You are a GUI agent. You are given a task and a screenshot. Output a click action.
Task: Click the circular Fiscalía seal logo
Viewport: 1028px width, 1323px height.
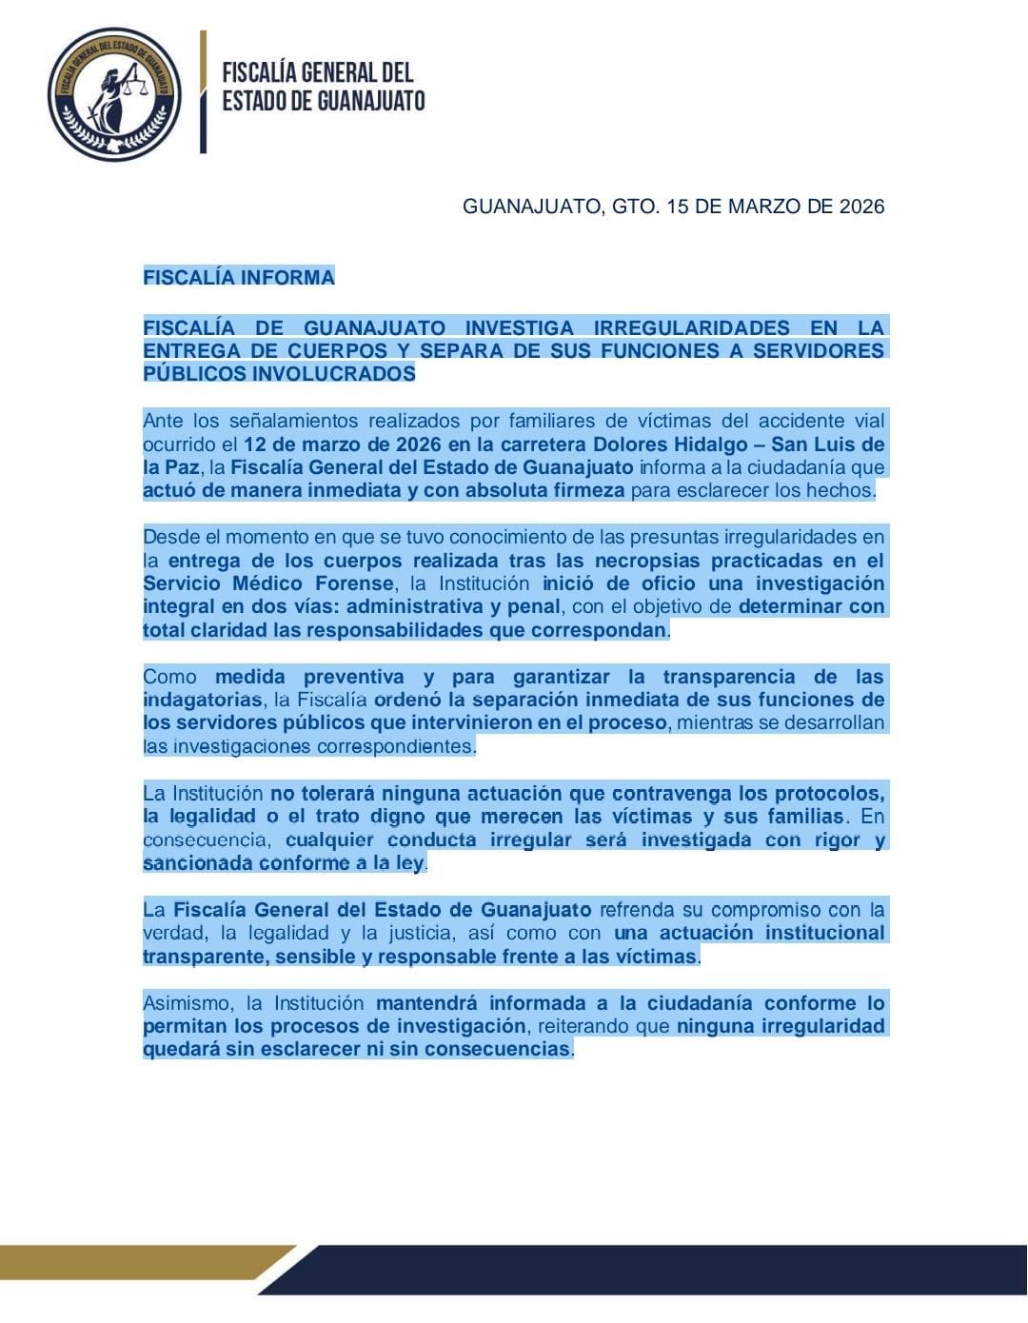tap(114, 94)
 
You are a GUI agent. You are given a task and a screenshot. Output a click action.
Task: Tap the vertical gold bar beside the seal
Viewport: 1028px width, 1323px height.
tap(203, 91)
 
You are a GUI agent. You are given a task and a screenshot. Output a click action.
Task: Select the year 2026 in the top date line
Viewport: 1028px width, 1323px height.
tap(861, 207)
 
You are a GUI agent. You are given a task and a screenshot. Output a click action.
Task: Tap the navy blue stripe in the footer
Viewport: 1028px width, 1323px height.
tap(666, 1270)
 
